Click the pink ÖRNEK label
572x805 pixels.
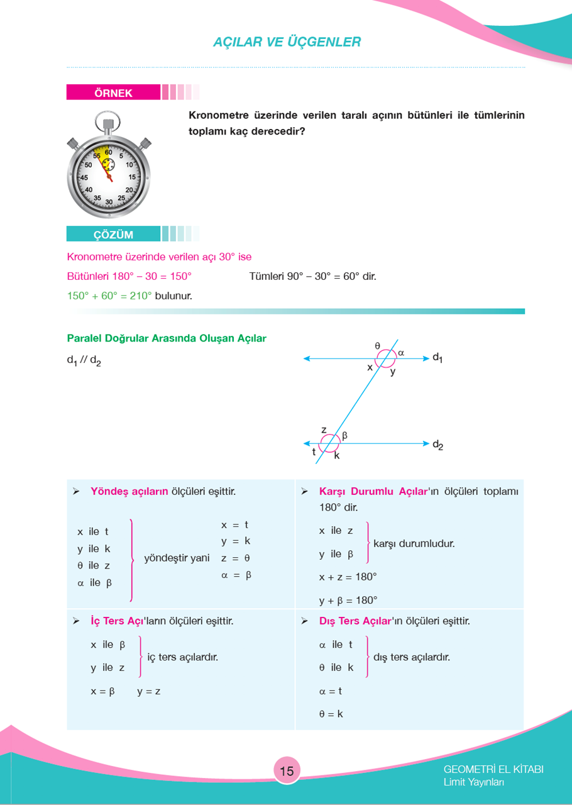pos(113,93)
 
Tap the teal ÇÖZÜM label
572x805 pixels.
pos(113,235)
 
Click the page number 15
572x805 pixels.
pos(287,771)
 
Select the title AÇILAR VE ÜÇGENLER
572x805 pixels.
pos(287,42)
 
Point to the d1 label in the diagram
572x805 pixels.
pos(437,358)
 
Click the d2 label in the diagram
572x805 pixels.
pos(437,445)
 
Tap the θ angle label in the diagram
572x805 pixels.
pos(377,345)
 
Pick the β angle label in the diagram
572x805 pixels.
pos(344,435)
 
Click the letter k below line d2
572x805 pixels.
pos(337,456)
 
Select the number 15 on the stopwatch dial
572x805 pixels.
pos(132,177)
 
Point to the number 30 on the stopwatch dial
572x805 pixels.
pos(109,201)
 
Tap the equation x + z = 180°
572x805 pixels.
pos(348,577)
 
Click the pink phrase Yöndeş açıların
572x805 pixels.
pos(129,491)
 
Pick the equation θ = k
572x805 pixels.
pos(331,714)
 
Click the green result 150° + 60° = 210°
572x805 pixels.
pos(109,295)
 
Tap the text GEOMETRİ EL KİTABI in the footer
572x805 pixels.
pos(493,769)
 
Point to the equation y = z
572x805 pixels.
pos(149,691)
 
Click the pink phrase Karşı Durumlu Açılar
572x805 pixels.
pos(373,491)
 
